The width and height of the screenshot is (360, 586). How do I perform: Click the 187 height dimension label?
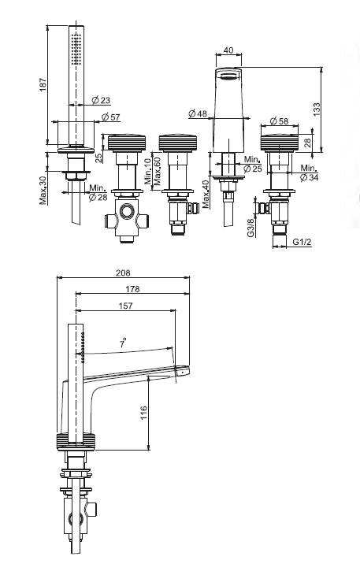click(43, 85)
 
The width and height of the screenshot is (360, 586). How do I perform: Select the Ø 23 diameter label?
click(101, 100)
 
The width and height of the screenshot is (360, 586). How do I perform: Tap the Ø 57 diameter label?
click(110, 117)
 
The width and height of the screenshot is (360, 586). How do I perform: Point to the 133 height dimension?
click(317, 109)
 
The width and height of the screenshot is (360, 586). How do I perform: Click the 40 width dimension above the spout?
click(228, 50)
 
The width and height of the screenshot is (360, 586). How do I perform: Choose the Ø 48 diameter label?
click(198, 113)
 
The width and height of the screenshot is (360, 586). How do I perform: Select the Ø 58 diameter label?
click(279, 121)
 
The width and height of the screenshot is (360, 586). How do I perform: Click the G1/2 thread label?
click(302, 242)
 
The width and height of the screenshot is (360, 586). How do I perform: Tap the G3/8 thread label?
click(251, 228)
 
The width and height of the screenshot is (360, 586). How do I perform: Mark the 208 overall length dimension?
click(123, 273)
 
